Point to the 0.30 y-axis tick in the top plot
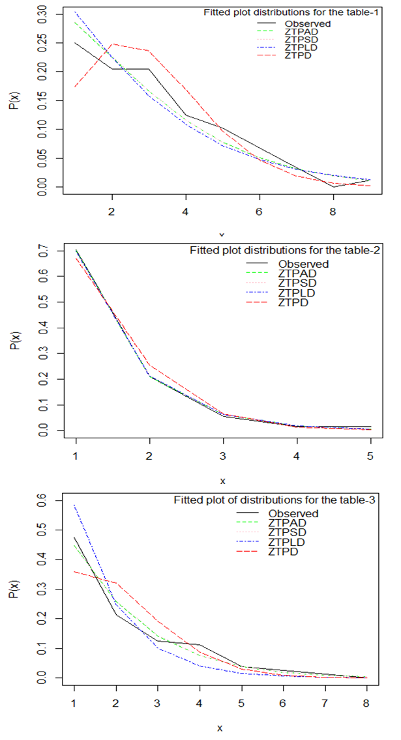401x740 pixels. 43,14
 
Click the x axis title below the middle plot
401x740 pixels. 222,481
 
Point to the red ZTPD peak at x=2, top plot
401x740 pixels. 113,44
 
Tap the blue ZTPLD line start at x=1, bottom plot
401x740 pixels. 75,505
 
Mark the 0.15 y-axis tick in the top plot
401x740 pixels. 43,101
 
